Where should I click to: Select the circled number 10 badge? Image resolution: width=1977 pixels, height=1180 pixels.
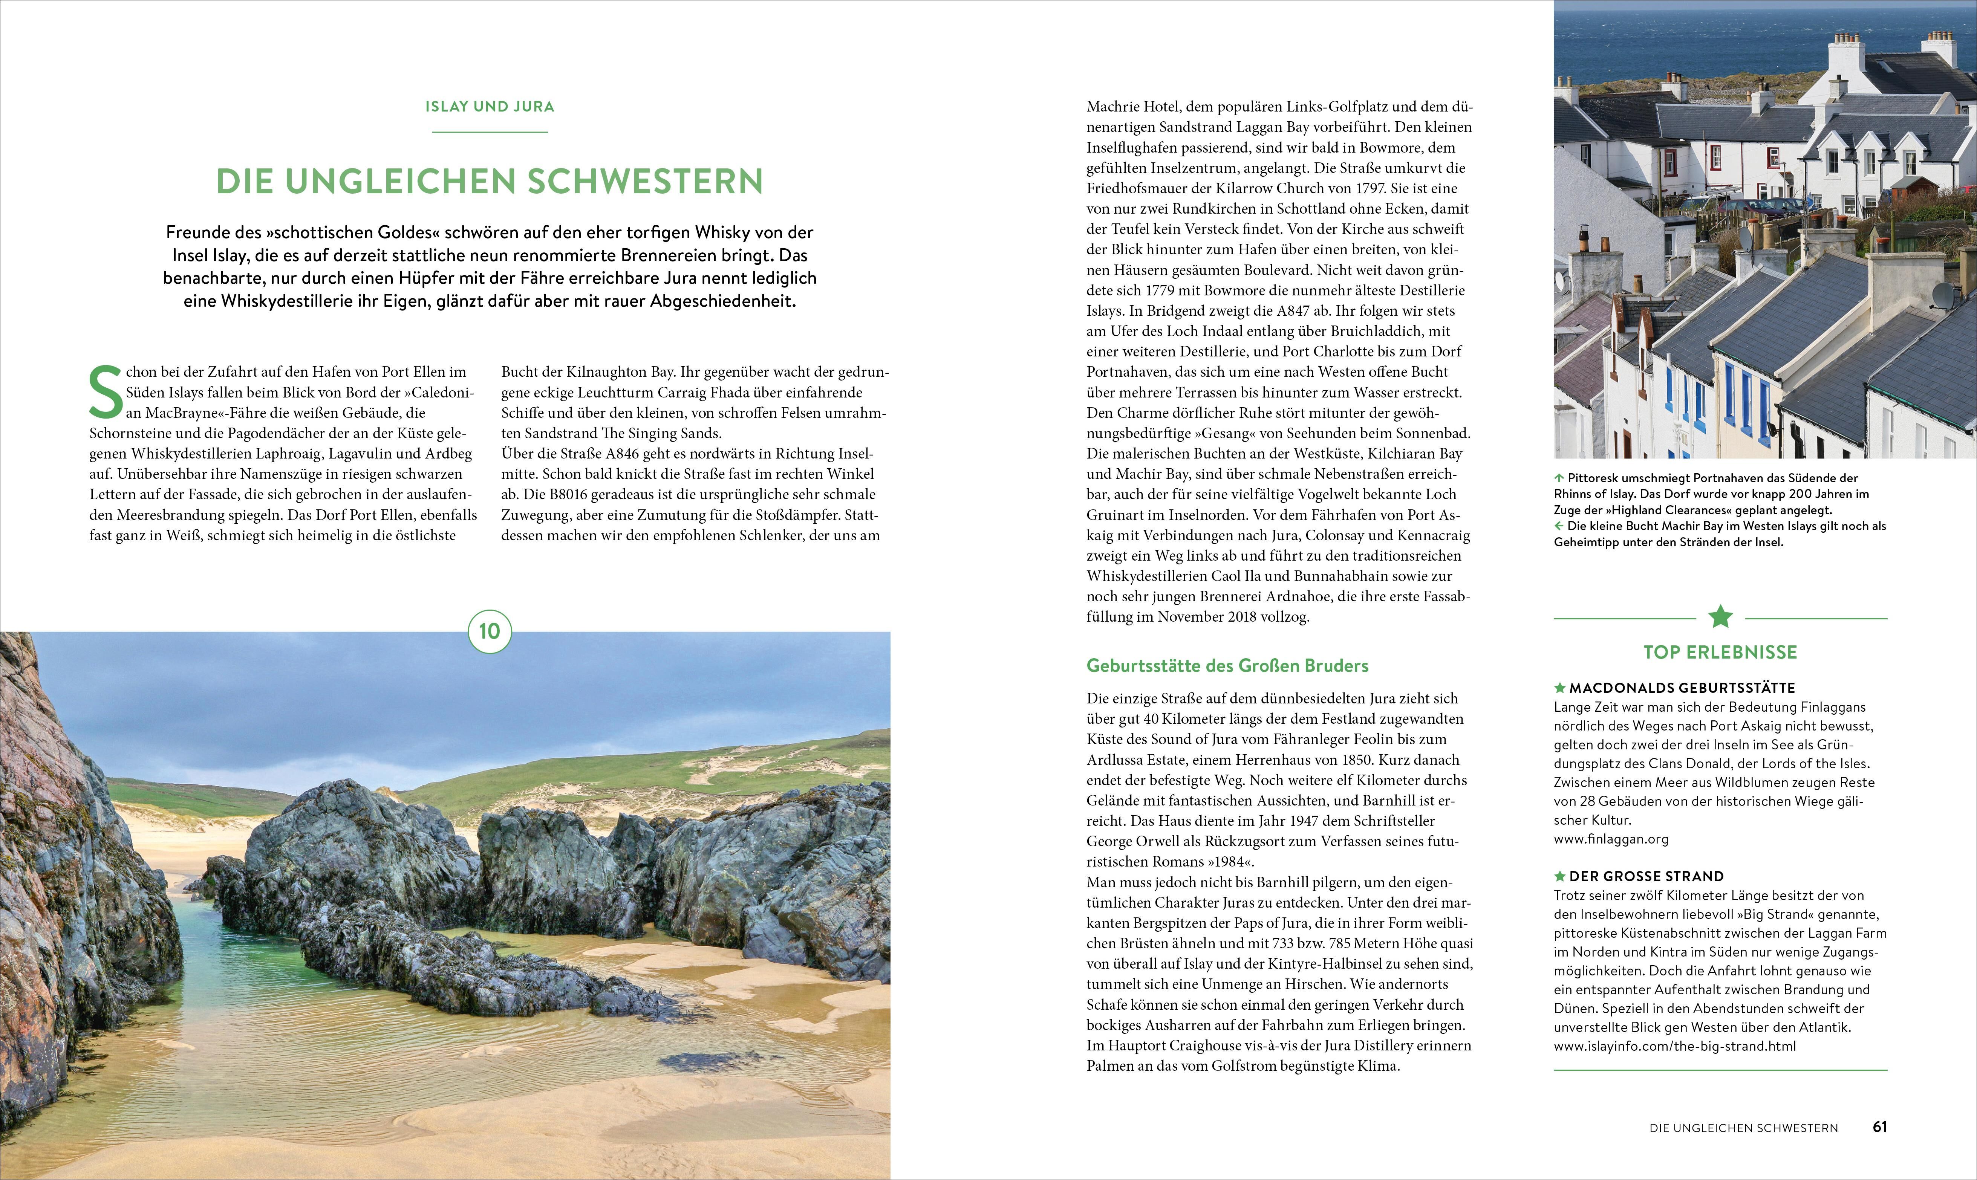coord(489,631)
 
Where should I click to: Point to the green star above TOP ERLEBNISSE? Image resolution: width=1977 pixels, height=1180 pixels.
coord(1720,616)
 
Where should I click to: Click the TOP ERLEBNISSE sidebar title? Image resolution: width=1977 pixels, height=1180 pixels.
coord(1720,652)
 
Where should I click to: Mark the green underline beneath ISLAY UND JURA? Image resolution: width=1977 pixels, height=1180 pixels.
coord(489,131)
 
